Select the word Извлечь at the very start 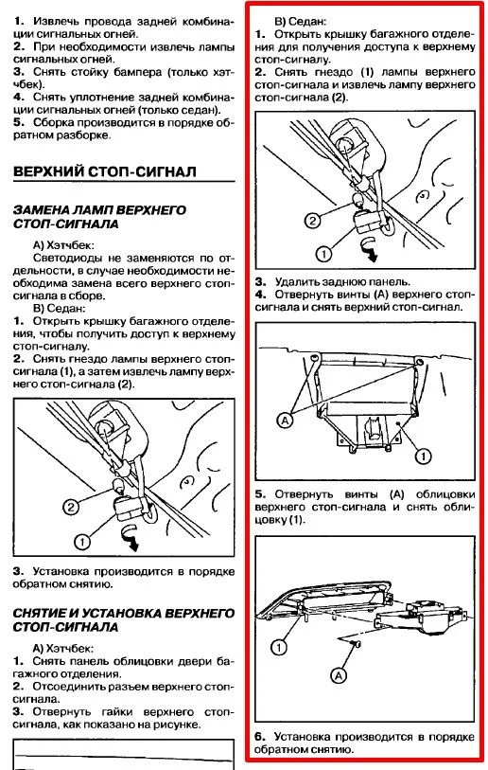tap(56, 22)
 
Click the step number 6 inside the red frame tap(260, 737)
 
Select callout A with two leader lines tap(285, 421)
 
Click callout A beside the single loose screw tap(339, 676)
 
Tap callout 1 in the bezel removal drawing tap(279, 647)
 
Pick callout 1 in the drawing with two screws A tap(423, 457)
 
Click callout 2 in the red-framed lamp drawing tap(312, 221)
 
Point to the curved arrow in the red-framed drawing tap(368, 248)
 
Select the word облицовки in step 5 tap(445, 494)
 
